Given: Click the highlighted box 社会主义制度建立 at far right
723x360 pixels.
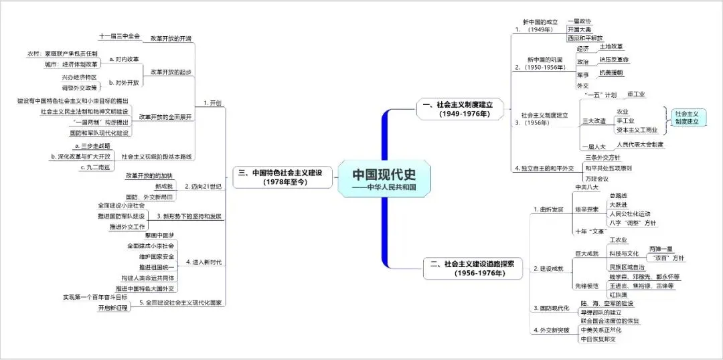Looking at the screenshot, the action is (x=686, y=118).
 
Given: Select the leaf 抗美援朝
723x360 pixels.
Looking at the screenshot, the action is (x=610, y=72).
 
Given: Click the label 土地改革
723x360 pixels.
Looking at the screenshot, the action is (x=611, y=46).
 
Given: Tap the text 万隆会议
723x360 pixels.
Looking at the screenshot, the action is (x=597, y=179).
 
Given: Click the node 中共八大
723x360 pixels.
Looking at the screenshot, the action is (x=587, y=187).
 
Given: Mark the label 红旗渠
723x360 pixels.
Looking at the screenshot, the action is (x=620, y=294).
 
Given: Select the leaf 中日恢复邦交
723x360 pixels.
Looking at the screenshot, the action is (x=598, y=339).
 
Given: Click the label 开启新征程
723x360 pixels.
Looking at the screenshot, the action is (x=112, y=308).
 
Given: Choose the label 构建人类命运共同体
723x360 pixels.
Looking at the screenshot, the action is (x=139, y=277).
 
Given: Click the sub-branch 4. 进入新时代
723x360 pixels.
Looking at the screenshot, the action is (x=205, y=261).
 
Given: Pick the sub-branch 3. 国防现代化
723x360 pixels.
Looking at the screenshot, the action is (x=551, y=307).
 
